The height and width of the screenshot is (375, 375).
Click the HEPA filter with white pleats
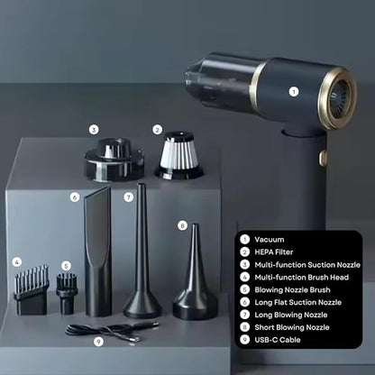tap(178, 155)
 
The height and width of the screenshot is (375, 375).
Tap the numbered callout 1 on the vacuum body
tap(294, 92)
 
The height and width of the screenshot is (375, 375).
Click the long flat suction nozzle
tap(98, 251)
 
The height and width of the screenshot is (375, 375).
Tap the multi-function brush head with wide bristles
tap(32, 290)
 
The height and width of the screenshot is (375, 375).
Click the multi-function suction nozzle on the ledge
tap(114, 160)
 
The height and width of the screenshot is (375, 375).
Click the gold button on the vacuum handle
tap(323, 158)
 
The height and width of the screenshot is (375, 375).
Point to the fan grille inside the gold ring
tap(339, 98)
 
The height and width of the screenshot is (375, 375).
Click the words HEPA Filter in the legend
tap(274, 252)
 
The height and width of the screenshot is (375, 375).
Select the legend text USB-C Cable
tap(278, 340)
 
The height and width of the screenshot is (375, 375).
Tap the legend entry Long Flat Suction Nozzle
tap(297, 302)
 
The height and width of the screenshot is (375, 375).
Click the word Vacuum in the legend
tap(270, 240)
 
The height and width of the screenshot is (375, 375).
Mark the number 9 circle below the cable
tap(98, 342)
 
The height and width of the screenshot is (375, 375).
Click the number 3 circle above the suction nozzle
tap(94, 130)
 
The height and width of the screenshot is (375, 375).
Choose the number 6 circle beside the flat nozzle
tap(75, 197)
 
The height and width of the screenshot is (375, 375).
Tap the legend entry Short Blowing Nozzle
tap(292, 327)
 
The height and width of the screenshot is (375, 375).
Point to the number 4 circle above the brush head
tap(17, 262)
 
